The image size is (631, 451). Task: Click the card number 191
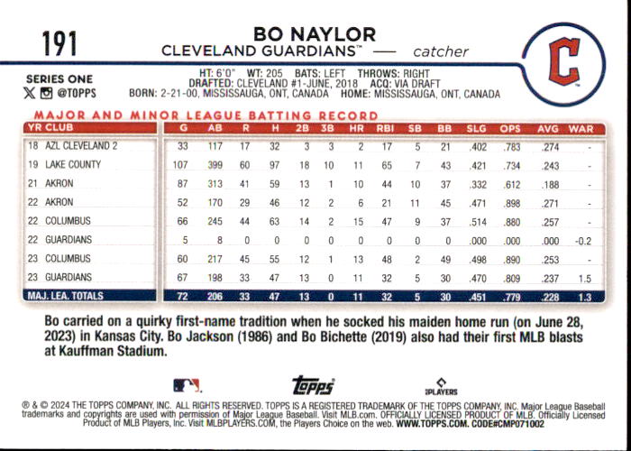pyautogui.click(x=59, y=44)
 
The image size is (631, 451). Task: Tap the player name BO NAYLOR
pyautogui.click(x=315, y=34)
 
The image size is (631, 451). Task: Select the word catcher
pyautogui.click(x=441, y=52)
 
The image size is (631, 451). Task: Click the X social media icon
pyautogui.click(x=30, y=94)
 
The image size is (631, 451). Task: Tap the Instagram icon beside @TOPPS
pyautogui.click(x=46, y=94)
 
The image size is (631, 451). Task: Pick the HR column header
pyautogui.click(x=357, y=129)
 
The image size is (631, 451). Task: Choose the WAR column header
pyautogui.click(x=581, y=129)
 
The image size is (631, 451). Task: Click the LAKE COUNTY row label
pyautogui.click(x=73, y=164)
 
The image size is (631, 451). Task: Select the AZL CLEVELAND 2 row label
pyautogui.click(x=81, y=146)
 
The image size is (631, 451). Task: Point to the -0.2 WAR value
pyautogui.click(x=583, y=241)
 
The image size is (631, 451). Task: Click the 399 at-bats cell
pyautogui.click(x=215, y=165)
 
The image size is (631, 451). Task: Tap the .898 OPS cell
pyautogui.click(x=511, y=203)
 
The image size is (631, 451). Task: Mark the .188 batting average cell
pyautogui.click(x=550, y=184)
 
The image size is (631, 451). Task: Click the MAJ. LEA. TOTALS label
pyautogui.click(x=65, y=296)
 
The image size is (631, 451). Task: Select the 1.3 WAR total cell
pyautogui.click(x=585, y=297)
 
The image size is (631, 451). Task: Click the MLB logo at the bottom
pyautogui.click(x=187, y=385)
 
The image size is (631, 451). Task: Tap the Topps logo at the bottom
pyautogui.click(x=313, y=385)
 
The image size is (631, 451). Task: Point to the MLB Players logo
pyautogui.click(x=441, y=387)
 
